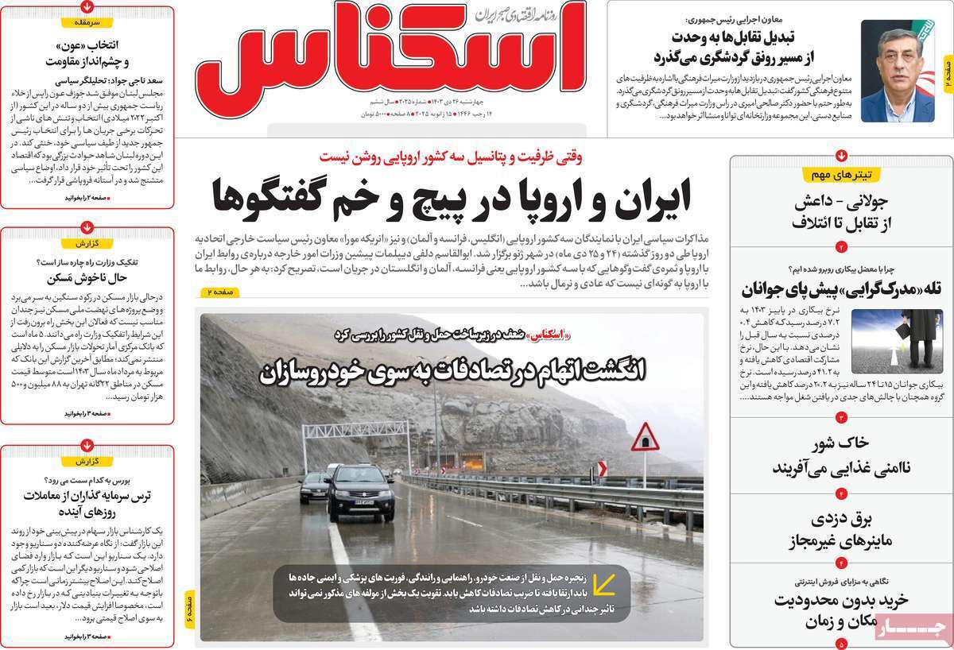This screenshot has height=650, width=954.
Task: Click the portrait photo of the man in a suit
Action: point(898,71)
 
